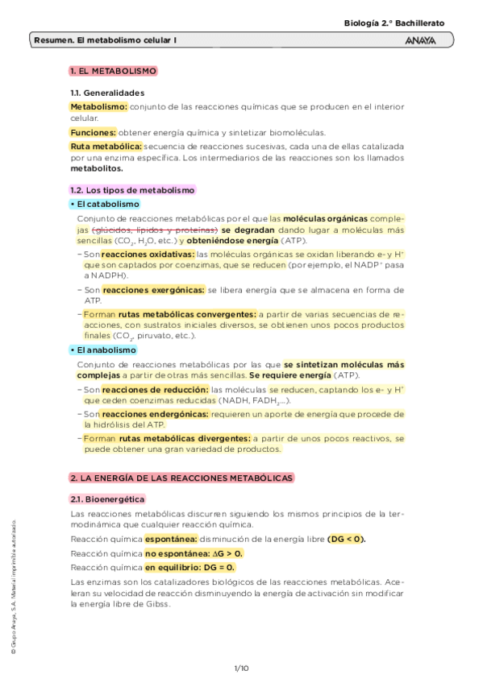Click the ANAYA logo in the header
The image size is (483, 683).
tap(421, 40)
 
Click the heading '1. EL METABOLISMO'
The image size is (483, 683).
tap(113, 72)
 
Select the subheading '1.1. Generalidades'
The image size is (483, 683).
tap(107, 93)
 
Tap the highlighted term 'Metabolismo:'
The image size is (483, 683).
tap(98, 106)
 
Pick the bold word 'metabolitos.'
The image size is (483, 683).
tap(97, 169)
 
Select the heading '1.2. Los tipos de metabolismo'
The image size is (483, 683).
tap(133, 190)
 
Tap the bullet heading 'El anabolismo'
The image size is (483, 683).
tap(104, 350)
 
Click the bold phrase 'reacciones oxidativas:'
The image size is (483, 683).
tap(148, 255)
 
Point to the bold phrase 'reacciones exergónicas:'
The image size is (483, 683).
tap(153, 290)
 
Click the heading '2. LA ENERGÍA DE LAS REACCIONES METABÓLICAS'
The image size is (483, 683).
tap(182, 478)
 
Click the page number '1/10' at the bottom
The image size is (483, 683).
tap(241, 669)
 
